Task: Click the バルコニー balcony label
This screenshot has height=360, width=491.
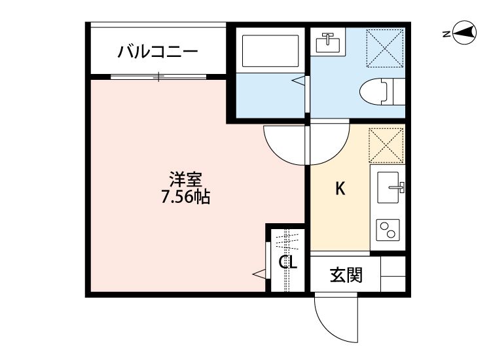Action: point(157,52)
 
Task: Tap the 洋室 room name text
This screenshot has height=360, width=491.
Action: point(186,178)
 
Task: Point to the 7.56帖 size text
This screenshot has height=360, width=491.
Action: point(186,196)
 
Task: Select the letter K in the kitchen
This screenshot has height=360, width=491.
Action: point(340,189)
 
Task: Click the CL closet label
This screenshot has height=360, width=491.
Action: point(288,263)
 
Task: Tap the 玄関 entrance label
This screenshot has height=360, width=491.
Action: point(345,276)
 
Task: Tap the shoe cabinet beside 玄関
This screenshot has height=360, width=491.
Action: point(393,274)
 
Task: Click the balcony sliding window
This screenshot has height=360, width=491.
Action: point(157,77)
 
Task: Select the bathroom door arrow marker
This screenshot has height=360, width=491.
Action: point(299,82)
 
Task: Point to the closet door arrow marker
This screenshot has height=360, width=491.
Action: point(259,272)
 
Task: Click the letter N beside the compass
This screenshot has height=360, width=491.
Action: point(445,34)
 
